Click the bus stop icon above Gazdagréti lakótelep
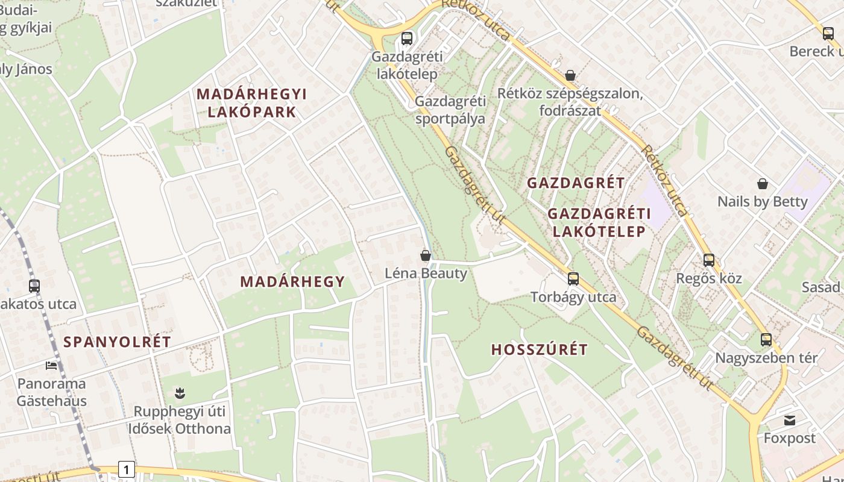click(x=407, y=39)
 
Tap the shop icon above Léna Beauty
click(x=426, y=255)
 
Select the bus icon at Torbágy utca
click(x=573, y=278)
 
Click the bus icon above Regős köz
click(x=709, y=260)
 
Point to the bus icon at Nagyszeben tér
click(x=766, y=339)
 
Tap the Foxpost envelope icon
click(x=790, y=420)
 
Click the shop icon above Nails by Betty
click(x=763, y=183)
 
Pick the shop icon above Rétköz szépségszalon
click(x=570, y=75)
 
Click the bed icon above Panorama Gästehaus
click(x=51, y=365)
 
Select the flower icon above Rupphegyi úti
click(x=180, y=393)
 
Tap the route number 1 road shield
click(x=126, y=469)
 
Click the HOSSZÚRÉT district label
click(x=539, y=349)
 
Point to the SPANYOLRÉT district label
click(x=118, y=342)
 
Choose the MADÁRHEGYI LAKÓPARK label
click(x=252, y=103)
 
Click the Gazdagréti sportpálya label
click(x=450, y=110)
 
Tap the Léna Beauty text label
click(x=426, y=274)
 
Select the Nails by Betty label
click(x=762, y=201)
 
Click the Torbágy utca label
click(x=573, y=297)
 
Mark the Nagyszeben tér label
click(x=766, y=358)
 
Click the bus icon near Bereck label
click(x=828, y=34)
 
